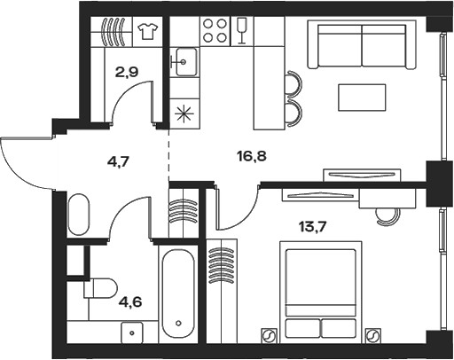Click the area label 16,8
click(252, 156)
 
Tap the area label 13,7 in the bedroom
click(312, 227)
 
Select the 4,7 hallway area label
click(118, 162)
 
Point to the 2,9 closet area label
click(127, 72)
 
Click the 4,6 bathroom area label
click(130, 302)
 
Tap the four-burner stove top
click(215, 31)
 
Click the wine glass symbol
click(242, 30)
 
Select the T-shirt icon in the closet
click(147, 31)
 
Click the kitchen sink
click(186, 62)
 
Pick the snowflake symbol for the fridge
click(184, 114)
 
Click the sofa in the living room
click(362, 44)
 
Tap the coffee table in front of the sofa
click(362, 98)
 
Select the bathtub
click(178, 293)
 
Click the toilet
click(100, 288)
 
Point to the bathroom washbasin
click(132, 333)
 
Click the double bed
click(321, 292)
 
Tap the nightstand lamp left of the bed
click(269, 336)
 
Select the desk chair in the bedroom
click(387, 216)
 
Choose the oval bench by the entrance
click(78, 215)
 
